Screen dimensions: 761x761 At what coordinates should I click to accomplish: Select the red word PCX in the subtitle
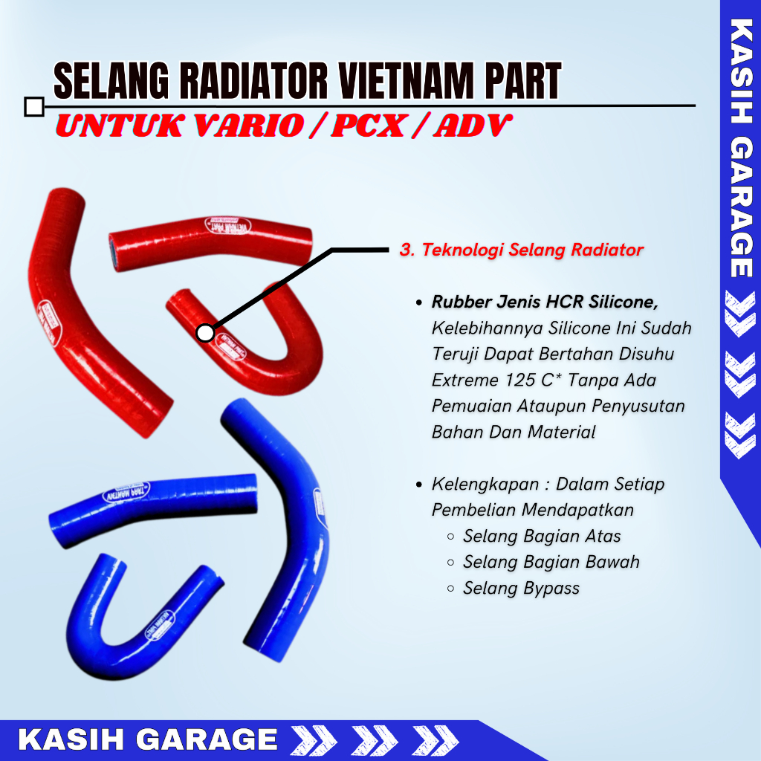[368, 126]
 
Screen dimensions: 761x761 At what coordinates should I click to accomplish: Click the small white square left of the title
[33, 107]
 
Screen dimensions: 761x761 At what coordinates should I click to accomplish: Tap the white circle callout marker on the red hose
[206, 333]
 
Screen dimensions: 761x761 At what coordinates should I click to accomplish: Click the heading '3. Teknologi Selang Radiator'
[521, 250]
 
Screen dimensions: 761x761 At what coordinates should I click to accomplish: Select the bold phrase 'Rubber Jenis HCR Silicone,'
[545, 302]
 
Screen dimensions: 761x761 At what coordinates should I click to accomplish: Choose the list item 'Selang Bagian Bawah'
[551, 562]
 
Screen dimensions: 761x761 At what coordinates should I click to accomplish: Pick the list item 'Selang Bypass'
[521, 588]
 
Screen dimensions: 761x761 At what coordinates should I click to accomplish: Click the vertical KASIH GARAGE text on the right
[740, 149]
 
